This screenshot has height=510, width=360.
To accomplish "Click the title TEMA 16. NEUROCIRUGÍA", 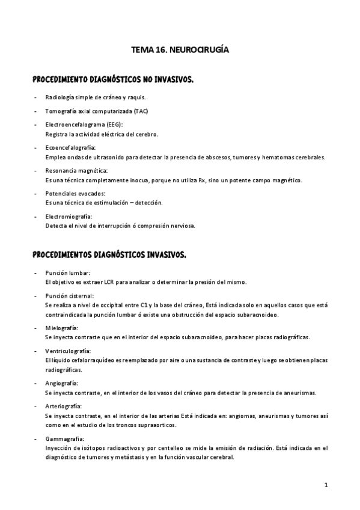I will (180, 52).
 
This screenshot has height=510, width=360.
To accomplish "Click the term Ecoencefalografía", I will (70, 148).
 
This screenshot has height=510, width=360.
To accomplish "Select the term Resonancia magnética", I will (72, 171).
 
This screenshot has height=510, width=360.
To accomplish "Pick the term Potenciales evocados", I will (71, 194).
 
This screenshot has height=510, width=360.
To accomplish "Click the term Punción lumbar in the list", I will (67, 273).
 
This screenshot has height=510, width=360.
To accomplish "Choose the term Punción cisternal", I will (69, 296).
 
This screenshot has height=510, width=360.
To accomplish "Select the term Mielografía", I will (61, 328).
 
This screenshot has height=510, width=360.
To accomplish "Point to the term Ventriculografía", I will (67, 351).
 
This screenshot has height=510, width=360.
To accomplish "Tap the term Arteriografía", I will (64, 406).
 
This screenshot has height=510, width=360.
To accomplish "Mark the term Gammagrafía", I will (64, 438).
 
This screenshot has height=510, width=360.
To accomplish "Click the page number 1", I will (325, 485).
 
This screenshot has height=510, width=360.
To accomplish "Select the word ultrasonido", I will (105, 157).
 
